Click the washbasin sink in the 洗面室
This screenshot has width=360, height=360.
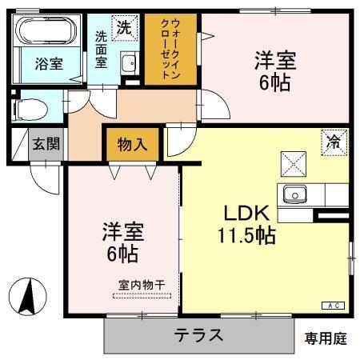click(128, 63)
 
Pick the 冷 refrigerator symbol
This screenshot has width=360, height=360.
click(332, 142)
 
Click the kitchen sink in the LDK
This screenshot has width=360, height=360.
click(294, 194)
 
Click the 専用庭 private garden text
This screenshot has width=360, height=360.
click(325, 338)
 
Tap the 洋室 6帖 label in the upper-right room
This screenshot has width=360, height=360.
click(274, 70)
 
